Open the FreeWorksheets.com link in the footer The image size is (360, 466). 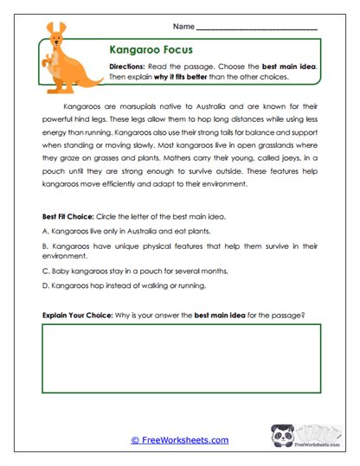click(x=180, y=440)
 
